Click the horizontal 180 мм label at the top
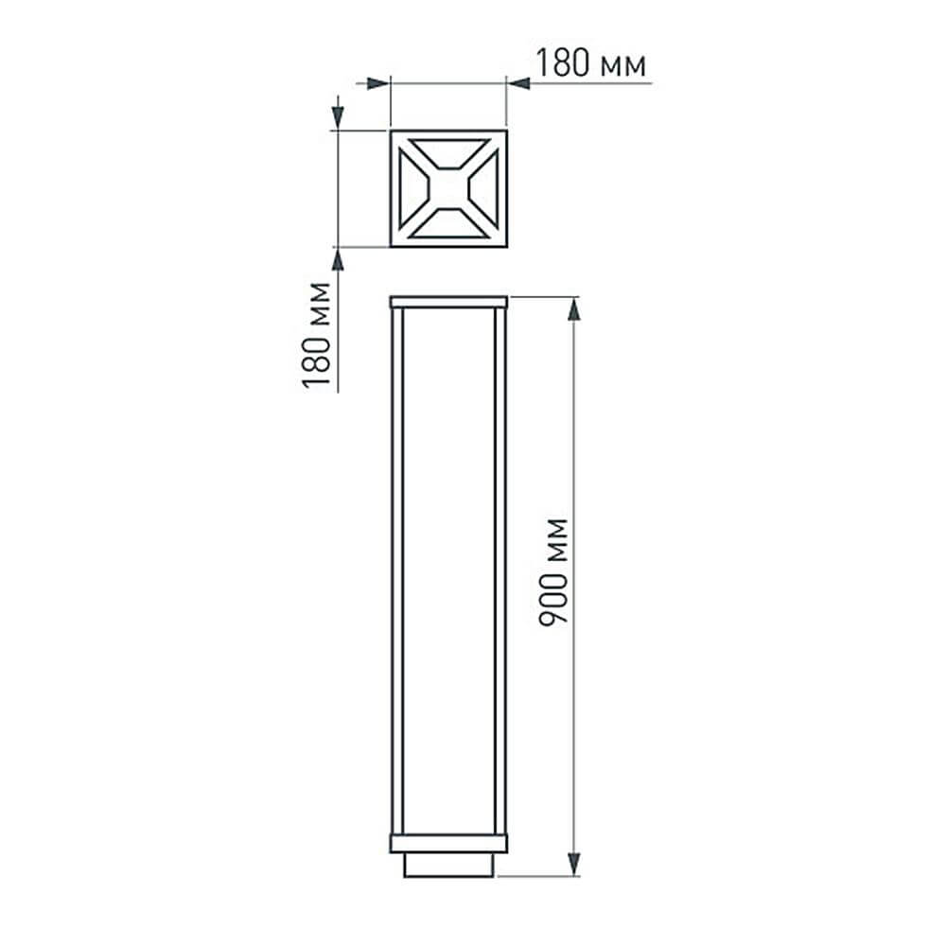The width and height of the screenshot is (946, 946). point(591,64)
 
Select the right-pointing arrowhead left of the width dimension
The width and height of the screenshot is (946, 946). point(378,84)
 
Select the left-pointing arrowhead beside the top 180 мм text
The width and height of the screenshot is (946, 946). point(519,84)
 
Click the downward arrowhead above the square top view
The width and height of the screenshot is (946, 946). point(337,117)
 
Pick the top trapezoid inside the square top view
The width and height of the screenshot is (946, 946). point(448,151)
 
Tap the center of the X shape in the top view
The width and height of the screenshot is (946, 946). point(448,188)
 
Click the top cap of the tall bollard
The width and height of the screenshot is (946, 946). point(448,302)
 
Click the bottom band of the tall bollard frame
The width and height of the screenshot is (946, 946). point(448,843)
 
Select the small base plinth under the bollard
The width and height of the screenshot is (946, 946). point(448,864)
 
